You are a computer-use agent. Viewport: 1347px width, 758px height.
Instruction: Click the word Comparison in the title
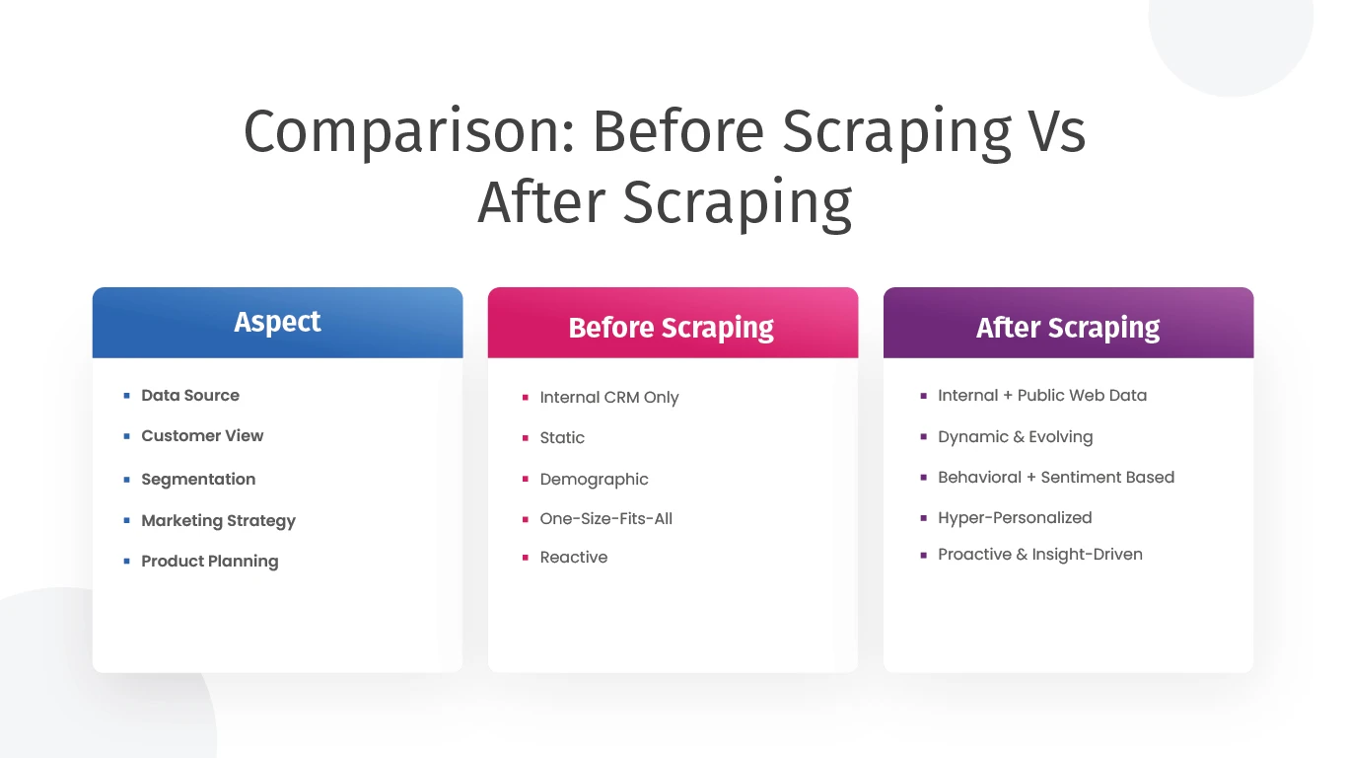[x=410, y=132]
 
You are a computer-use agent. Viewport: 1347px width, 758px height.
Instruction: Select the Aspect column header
[x=277, y=322]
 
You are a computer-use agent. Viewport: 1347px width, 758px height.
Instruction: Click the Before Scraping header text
[x=672, y=329]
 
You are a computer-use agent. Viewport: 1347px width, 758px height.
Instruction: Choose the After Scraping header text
[x=1068, y=329]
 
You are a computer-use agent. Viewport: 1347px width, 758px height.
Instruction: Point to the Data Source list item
[x=190, y=396]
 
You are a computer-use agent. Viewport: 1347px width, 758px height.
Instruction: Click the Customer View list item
[x=202, y=436]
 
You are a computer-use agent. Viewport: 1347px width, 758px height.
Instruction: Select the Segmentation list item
[x=198, y=480]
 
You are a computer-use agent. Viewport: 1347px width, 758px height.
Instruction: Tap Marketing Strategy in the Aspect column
[x=218, y=521]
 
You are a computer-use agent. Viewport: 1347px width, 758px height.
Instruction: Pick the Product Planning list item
[x=210, y=562]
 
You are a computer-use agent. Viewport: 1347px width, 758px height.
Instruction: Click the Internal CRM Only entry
[x=609, y=398]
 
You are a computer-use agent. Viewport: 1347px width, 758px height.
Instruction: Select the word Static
[x=562, y=437]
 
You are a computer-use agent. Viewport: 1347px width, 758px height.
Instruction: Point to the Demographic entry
[x=595, y=480]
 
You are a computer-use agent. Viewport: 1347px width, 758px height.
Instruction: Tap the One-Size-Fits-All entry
[x=606, y=519]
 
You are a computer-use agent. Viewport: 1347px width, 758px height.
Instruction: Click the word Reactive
[x=574, y=558]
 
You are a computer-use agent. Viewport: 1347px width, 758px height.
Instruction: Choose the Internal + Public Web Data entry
[x=1042, y=396]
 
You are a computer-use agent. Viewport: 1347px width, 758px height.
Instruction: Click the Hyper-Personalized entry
[x=1015, y=518]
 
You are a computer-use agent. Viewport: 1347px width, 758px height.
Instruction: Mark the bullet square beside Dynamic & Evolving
[x=924, y=436]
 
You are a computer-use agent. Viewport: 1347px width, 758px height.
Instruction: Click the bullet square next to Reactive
[x=525, y=558]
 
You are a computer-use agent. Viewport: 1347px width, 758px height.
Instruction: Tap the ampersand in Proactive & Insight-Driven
[x=1022, y=555]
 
